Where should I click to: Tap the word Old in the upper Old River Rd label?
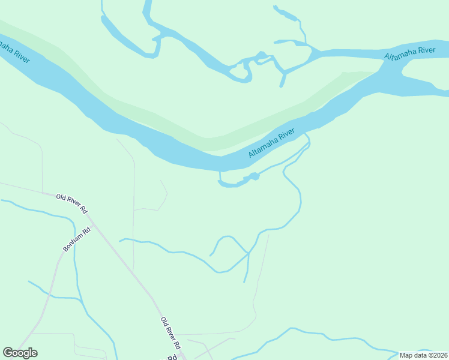62,197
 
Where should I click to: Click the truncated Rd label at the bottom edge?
171,357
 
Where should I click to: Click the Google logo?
20,353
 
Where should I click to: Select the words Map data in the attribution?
414,355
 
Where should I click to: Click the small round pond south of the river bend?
255,176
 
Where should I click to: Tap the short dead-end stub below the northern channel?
282,82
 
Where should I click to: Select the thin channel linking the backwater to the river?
220,176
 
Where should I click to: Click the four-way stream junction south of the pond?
248,254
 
